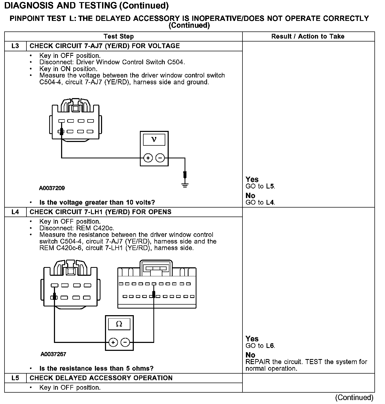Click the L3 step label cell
pyautogui.click(x=15, y=46)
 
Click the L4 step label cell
pyautogui.click(x=15, y=212)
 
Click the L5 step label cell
pyautogui.click(x=15, y=378)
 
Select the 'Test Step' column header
pyautogui.click(x=119, y=36)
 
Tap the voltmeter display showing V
pyautogui.click(x=154, y=140)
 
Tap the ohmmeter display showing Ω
pyautogui.click(x=119, y=324)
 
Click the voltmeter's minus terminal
pyautogui.click(x=160, y=158)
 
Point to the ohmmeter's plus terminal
pyautogui.click(x=113, y=342)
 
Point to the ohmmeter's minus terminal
pyautogui.click(x=125, y=342)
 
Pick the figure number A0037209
pyautogui.click(x=52, y=188)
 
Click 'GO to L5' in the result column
pyautogui.click(x=260, y=186)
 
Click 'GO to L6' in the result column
pyautogui.click(x=260, y=346)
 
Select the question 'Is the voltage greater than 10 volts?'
pyautogui.click(x=97, y=203)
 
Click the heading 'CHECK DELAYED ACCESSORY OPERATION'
pyautogui.click(x=101, y=378)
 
